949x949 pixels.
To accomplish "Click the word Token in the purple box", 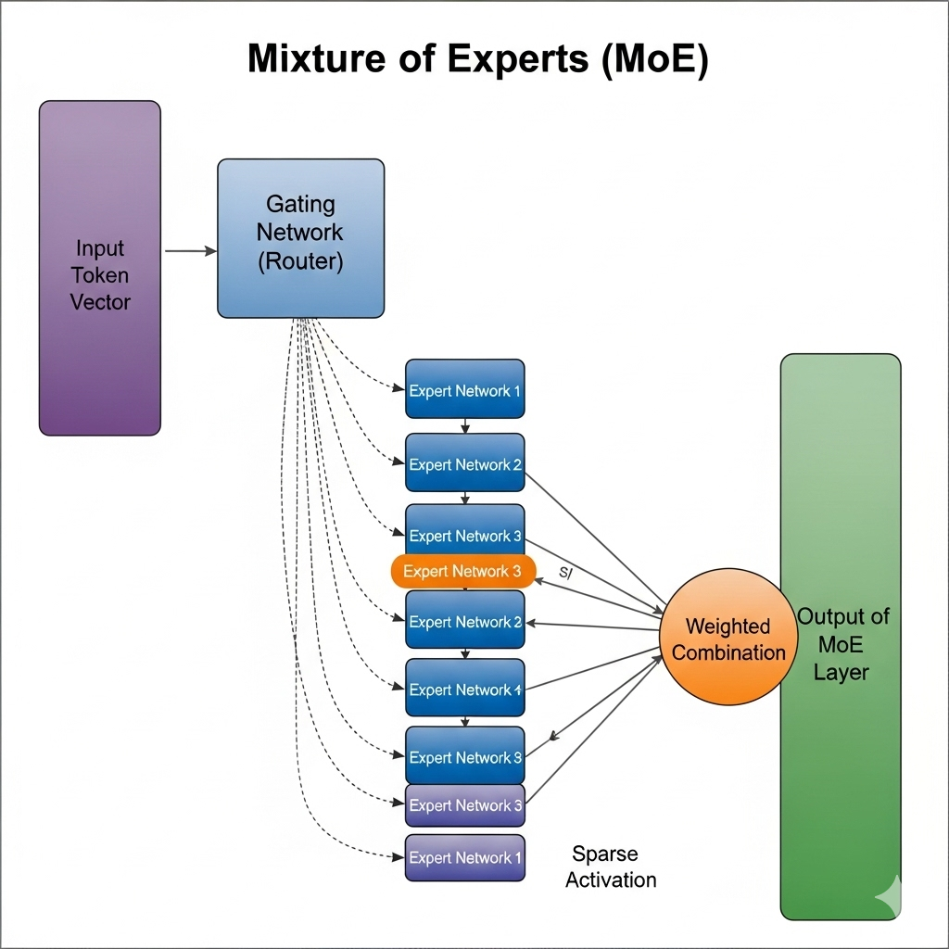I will [x=100, y=275].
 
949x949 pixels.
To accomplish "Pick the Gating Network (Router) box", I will [x=300, y=238].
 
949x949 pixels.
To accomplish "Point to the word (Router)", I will [x=300, y=261].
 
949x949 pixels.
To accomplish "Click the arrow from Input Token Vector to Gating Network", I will [x=190, y=250].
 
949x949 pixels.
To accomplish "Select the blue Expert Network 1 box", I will [x=465, y=390].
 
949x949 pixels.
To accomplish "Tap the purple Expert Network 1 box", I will [x=465, y=857].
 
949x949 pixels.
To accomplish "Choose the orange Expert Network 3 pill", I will [x=463, y=571].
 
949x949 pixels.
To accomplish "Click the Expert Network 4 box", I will [x=465, y=690].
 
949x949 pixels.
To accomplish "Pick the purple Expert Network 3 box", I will [x=465, y=805].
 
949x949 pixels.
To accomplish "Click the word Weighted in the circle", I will [x=728, y=626].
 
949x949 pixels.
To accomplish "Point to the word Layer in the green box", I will [x=841, y=672].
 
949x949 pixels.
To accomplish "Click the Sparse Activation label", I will [x=610, y=867].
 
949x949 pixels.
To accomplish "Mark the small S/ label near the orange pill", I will [x=566, y=574].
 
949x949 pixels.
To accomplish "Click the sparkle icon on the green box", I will [x=887, y=891].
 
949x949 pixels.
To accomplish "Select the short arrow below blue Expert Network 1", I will [x=465, y=426].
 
